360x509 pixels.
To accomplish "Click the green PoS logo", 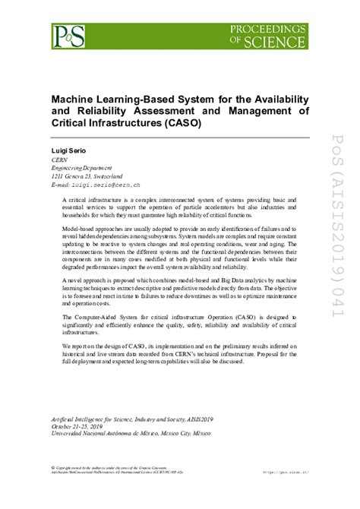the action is (68, 35).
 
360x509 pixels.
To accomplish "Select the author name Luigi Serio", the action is (68, 152).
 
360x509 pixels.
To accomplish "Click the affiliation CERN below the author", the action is (59, 161).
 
